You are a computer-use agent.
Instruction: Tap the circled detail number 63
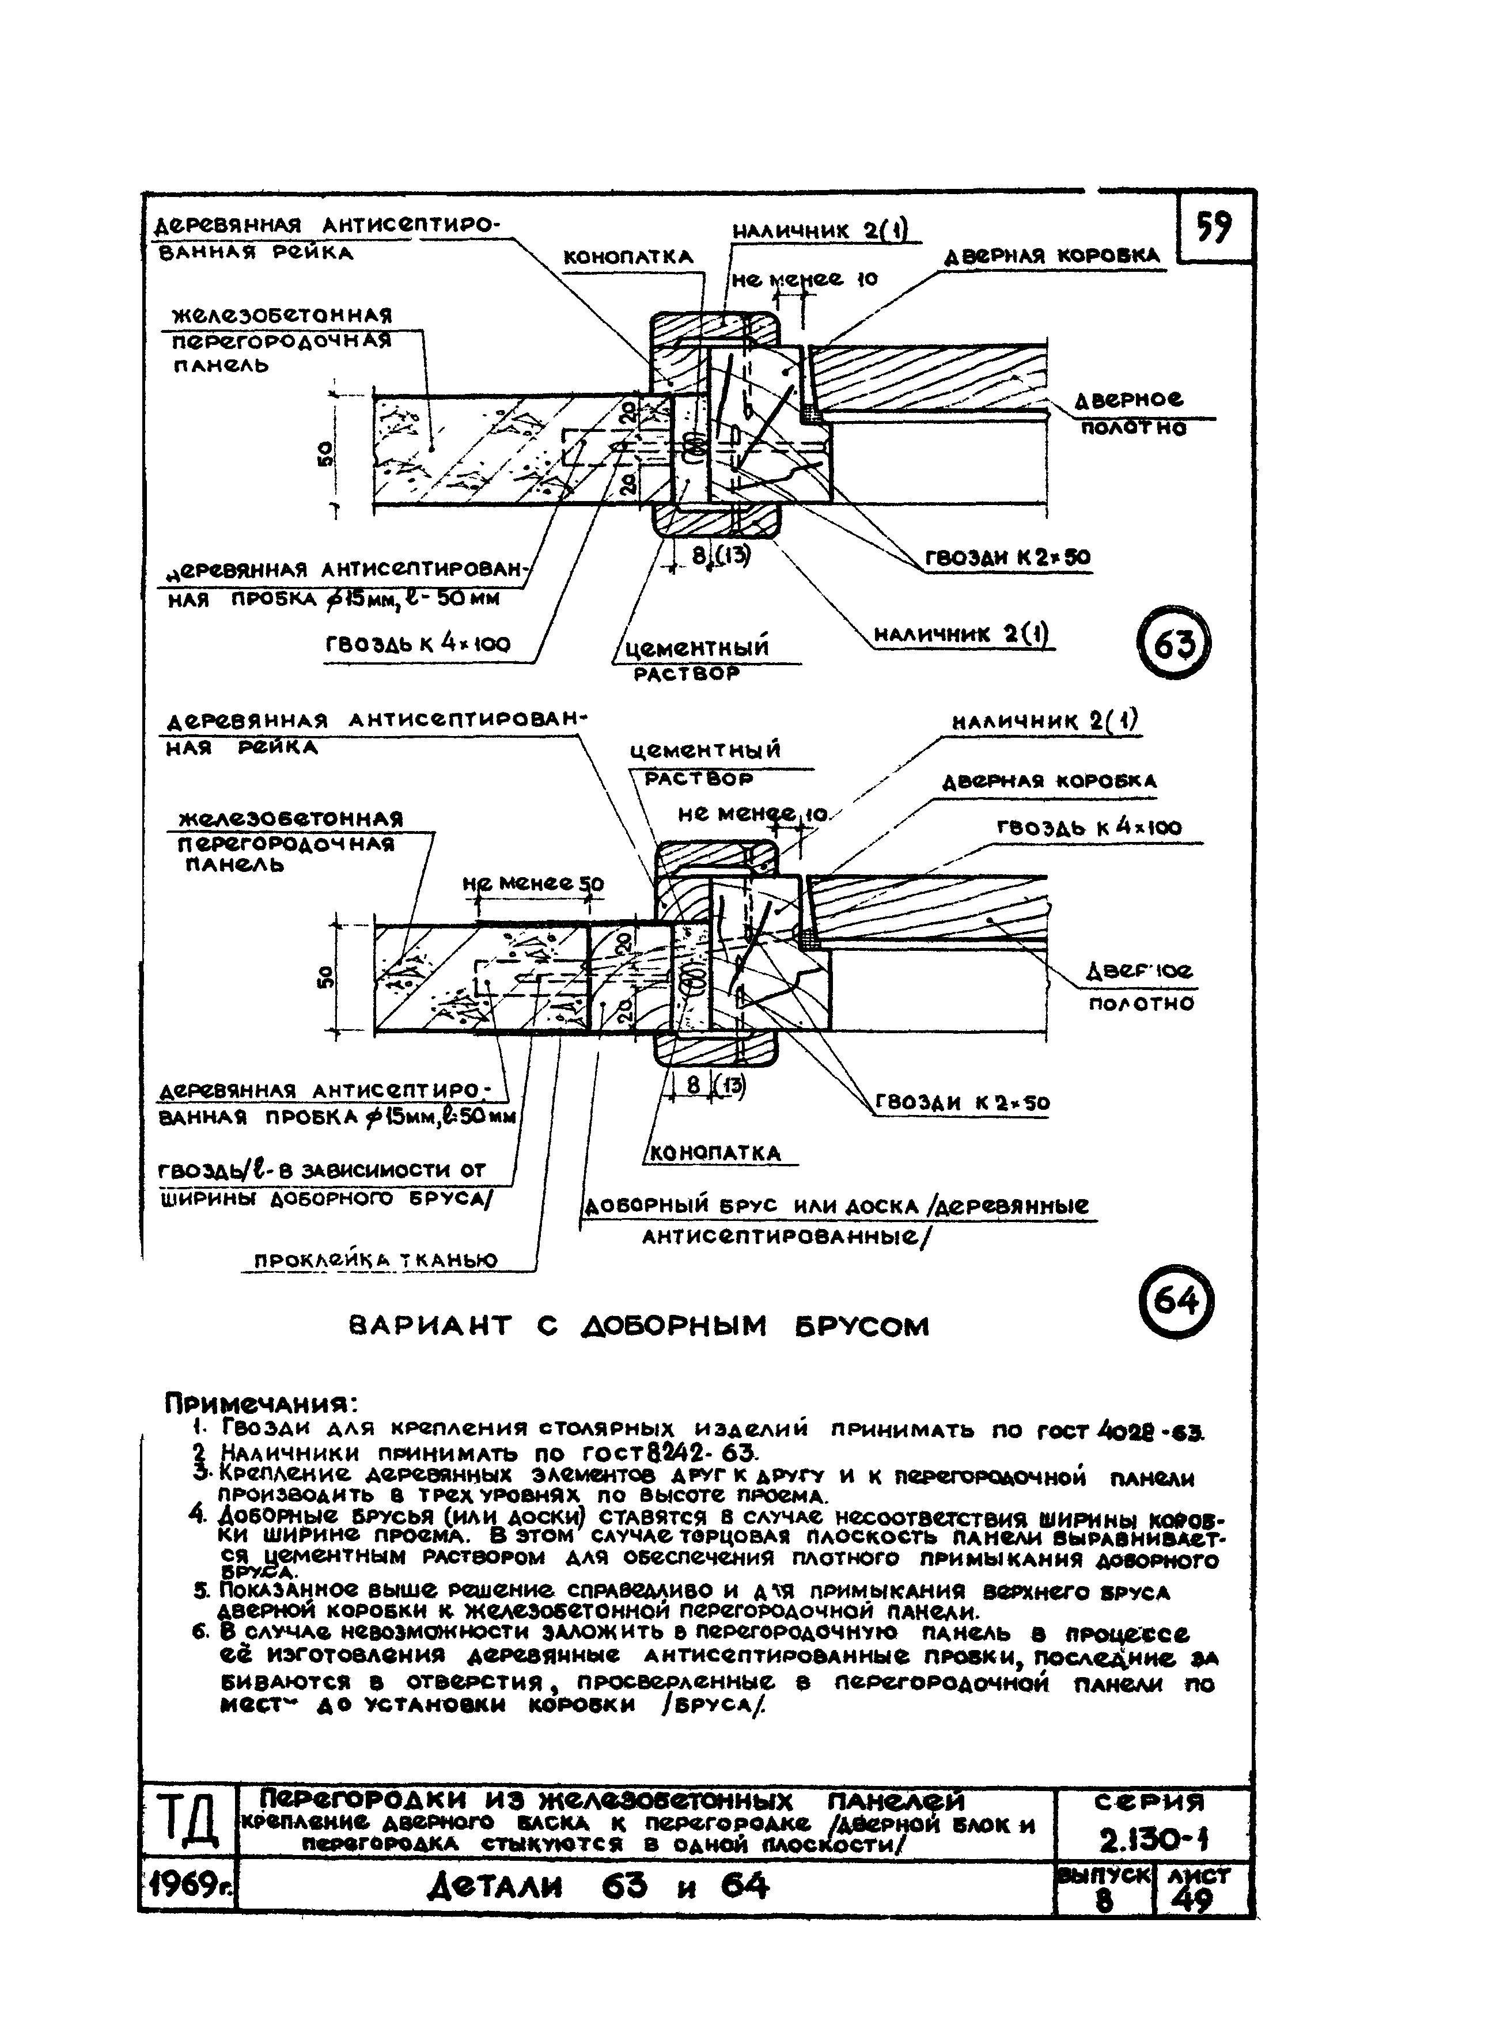pyautogui.click(x=1174, y=643)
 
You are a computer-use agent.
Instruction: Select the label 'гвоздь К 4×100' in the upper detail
pyautogui.click(x=418, y=643)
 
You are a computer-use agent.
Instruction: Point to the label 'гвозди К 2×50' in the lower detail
pyautogui.click(x=962, y=1103)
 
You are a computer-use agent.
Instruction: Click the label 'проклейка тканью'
pyautogui.click(x=376, y=1260)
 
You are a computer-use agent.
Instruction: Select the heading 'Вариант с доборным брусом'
pyautogui.click(x=638, y=1326)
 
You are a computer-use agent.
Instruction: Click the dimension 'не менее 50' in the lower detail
pyautogui.click(x=534, y=885)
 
